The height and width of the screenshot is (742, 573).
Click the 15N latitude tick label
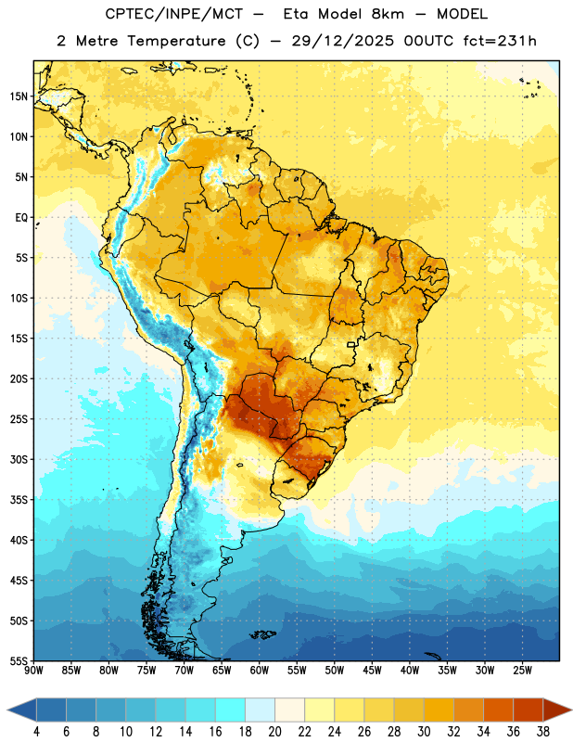click(x=19, y=96)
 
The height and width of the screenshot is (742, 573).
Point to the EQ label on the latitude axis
click(x=21, y=218)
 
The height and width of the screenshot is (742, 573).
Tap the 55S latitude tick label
click(x=19, y=660)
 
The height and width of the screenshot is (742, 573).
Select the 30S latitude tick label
click(x=19, y=459)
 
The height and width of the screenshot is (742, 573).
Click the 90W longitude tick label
click(x=33, y=671)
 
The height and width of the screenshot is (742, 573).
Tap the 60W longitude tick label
click(x=260, y=671)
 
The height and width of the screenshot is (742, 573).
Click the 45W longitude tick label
click(x=372, y=671)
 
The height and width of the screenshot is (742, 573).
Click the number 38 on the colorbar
click(x=543, y=732)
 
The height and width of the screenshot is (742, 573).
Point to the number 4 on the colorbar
click(x=36, y=732)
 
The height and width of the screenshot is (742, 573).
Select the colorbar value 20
click(x=274, y=732)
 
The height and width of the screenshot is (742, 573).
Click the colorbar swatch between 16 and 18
click(x=231, y=710)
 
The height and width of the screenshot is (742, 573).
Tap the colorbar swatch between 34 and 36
click(x=498, y=710)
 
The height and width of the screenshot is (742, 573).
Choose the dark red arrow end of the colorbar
click(x=556, y=710)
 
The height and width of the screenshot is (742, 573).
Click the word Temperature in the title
click(x=176, y=41)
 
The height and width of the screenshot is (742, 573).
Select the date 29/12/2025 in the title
click(x=342, y=41)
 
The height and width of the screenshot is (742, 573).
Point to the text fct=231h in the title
click(x=500, y=41)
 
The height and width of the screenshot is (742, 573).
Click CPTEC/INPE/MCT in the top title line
click(x=174, y=14)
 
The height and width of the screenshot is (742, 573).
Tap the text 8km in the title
click(x=388, y=14)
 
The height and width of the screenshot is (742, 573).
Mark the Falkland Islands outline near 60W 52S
click(x=262, y=634)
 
